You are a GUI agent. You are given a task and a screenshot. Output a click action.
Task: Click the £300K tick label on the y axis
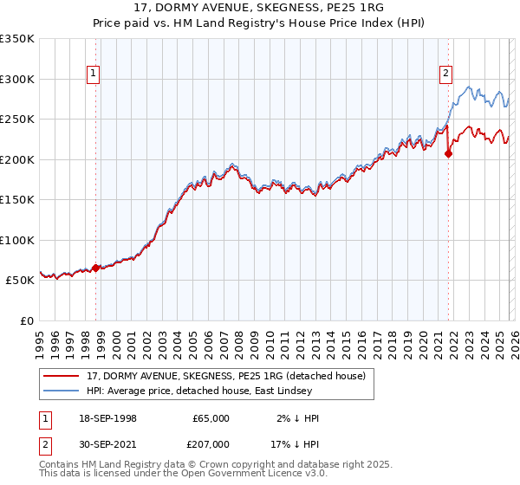pyautogui.click(x=17, y=79)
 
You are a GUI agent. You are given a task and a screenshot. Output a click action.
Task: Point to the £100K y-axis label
pyautogui.click(x=17, y=240)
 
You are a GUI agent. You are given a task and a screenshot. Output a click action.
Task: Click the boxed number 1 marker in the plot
pyautogui.click(x=92, y=74)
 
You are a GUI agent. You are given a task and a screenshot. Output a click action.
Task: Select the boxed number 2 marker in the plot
pyautogui.click(x=445, y=74)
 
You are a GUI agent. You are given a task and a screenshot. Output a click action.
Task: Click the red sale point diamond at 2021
pyautogui.click(x=448, y=154)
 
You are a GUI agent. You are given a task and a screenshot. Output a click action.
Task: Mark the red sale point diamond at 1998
pyautogui.click(x=95, y=268)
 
